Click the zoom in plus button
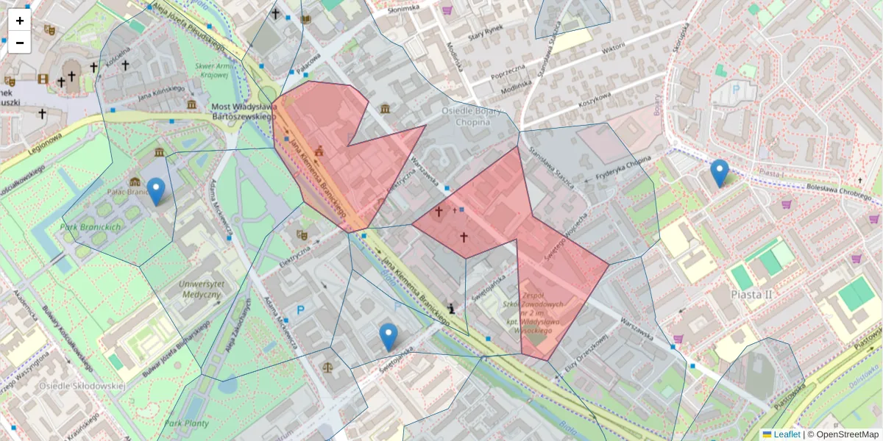tap(19, 21)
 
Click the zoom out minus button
tap(19, 43)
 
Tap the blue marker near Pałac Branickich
tap(155, 190)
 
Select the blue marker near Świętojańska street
tap(389, 336)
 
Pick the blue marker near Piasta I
tap(720, 172)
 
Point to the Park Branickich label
tap(91, 227)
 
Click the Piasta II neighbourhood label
tap(751, 294)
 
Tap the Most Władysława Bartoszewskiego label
tap(244, 111)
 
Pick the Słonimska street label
tap(404, 8)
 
